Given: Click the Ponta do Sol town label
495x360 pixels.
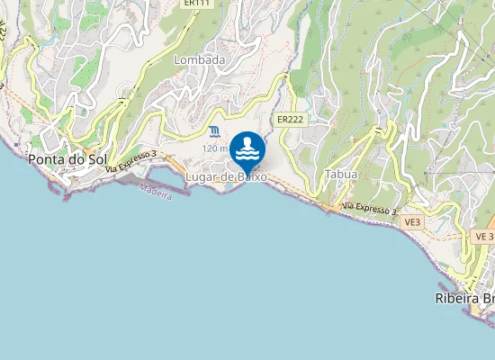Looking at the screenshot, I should pos(67,159).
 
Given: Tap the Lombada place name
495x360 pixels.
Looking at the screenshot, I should pos(199,59).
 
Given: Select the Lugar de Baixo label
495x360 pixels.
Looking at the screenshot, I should pos(226,178).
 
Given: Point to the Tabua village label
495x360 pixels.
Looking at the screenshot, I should pos(341,174).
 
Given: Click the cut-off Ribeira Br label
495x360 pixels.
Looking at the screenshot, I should pos(464,299).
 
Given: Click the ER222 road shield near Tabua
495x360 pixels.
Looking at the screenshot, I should pos(289,119).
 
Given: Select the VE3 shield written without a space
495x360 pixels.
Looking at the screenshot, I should pos(412,221).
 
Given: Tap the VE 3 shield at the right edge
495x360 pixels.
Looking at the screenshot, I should pos(483,236).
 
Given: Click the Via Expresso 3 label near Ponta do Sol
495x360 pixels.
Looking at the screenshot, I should pos(130,162).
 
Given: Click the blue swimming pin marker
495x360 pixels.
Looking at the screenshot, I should pos(247,150).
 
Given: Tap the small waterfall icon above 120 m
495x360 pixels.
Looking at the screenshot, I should pos(213,133).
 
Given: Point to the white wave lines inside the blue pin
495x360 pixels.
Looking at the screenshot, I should pos(247,155).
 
